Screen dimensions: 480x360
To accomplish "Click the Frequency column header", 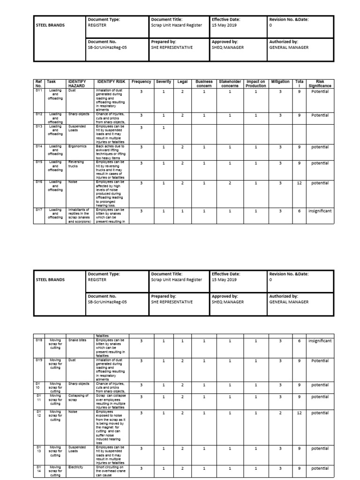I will (141, 82).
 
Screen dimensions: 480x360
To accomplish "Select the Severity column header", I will (164, 82).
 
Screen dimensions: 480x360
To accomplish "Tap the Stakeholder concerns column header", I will (230, 83).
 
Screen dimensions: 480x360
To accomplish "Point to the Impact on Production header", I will (256, 83).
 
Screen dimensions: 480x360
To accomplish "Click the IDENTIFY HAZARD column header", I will (78, 83).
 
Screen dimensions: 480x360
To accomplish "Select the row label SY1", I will (39, 91).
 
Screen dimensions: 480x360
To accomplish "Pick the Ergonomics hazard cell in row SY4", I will (77, 146).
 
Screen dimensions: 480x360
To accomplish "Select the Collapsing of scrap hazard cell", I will (78, 398).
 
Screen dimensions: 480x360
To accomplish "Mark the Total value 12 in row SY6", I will (299, 183).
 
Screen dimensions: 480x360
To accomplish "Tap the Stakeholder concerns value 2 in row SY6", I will (230, 183).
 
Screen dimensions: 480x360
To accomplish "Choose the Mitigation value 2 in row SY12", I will (280, 413).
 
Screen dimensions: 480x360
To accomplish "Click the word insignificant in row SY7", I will (320, 211).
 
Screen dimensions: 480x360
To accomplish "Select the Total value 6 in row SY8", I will (299, 341).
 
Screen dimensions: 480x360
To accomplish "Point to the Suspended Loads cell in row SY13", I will (78, 450).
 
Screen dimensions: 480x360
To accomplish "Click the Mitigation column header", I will (280, 82).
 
